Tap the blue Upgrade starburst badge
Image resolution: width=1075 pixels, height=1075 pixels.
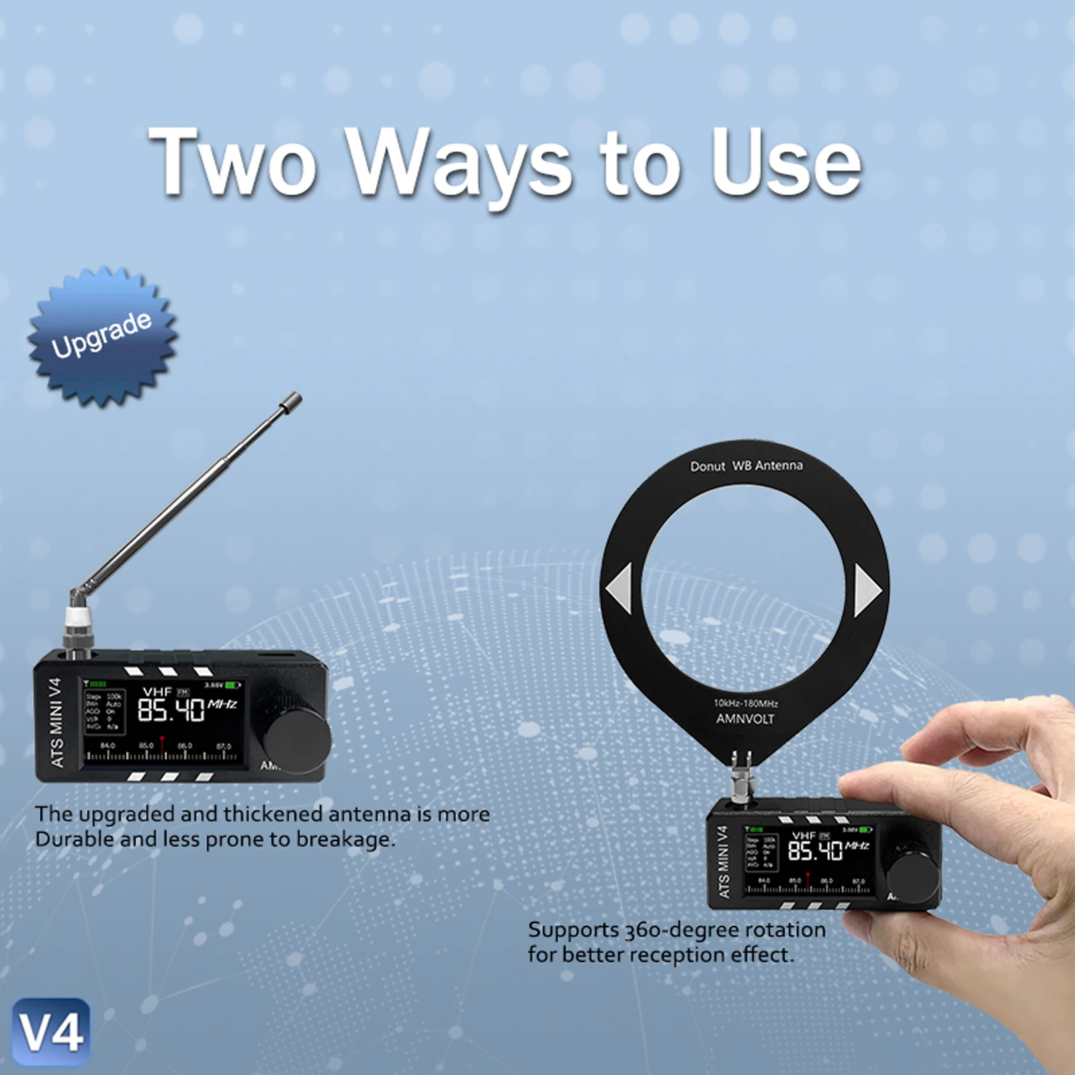tap(102, 336)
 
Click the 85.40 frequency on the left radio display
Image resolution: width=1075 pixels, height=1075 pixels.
tap(171, 709)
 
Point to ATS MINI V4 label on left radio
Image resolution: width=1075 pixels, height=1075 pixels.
tap(56, 723)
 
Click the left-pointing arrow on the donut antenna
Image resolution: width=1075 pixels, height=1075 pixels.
tap(619, 589)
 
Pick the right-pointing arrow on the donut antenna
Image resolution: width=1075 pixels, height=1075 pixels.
tap(867, 590)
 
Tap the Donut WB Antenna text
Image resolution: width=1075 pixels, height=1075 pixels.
tap(746, 466)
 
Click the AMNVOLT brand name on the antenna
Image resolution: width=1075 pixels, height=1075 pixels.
tap(744, 719)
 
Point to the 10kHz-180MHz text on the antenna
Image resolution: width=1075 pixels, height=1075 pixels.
tap(745, 703)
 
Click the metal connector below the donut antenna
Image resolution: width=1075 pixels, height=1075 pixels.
tap(743, 779)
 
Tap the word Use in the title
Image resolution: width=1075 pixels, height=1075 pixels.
tap(786, 163)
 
